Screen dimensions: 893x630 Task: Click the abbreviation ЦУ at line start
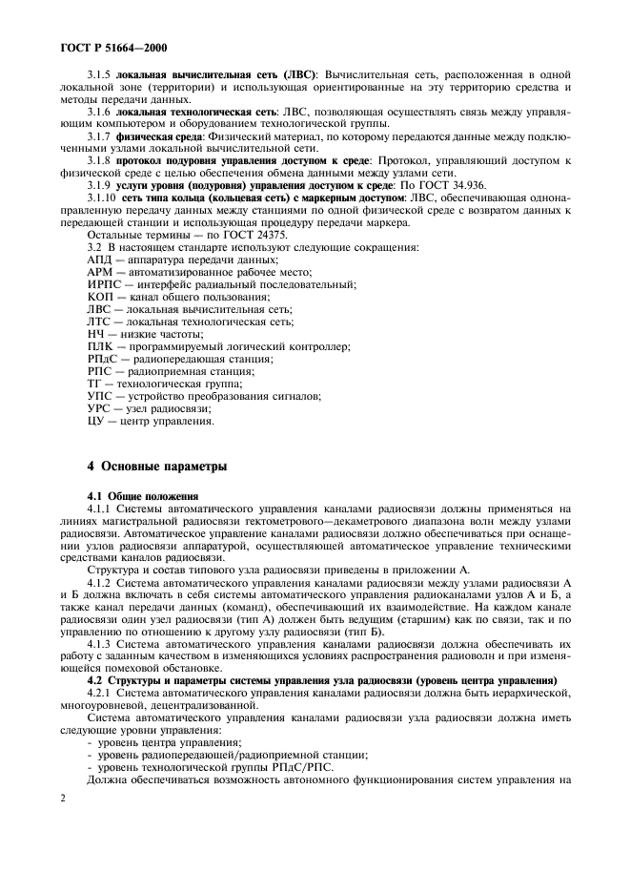[94, 421]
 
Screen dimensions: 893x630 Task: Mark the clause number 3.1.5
[101, 73]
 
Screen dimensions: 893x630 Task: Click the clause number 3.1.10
[104, 197]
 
